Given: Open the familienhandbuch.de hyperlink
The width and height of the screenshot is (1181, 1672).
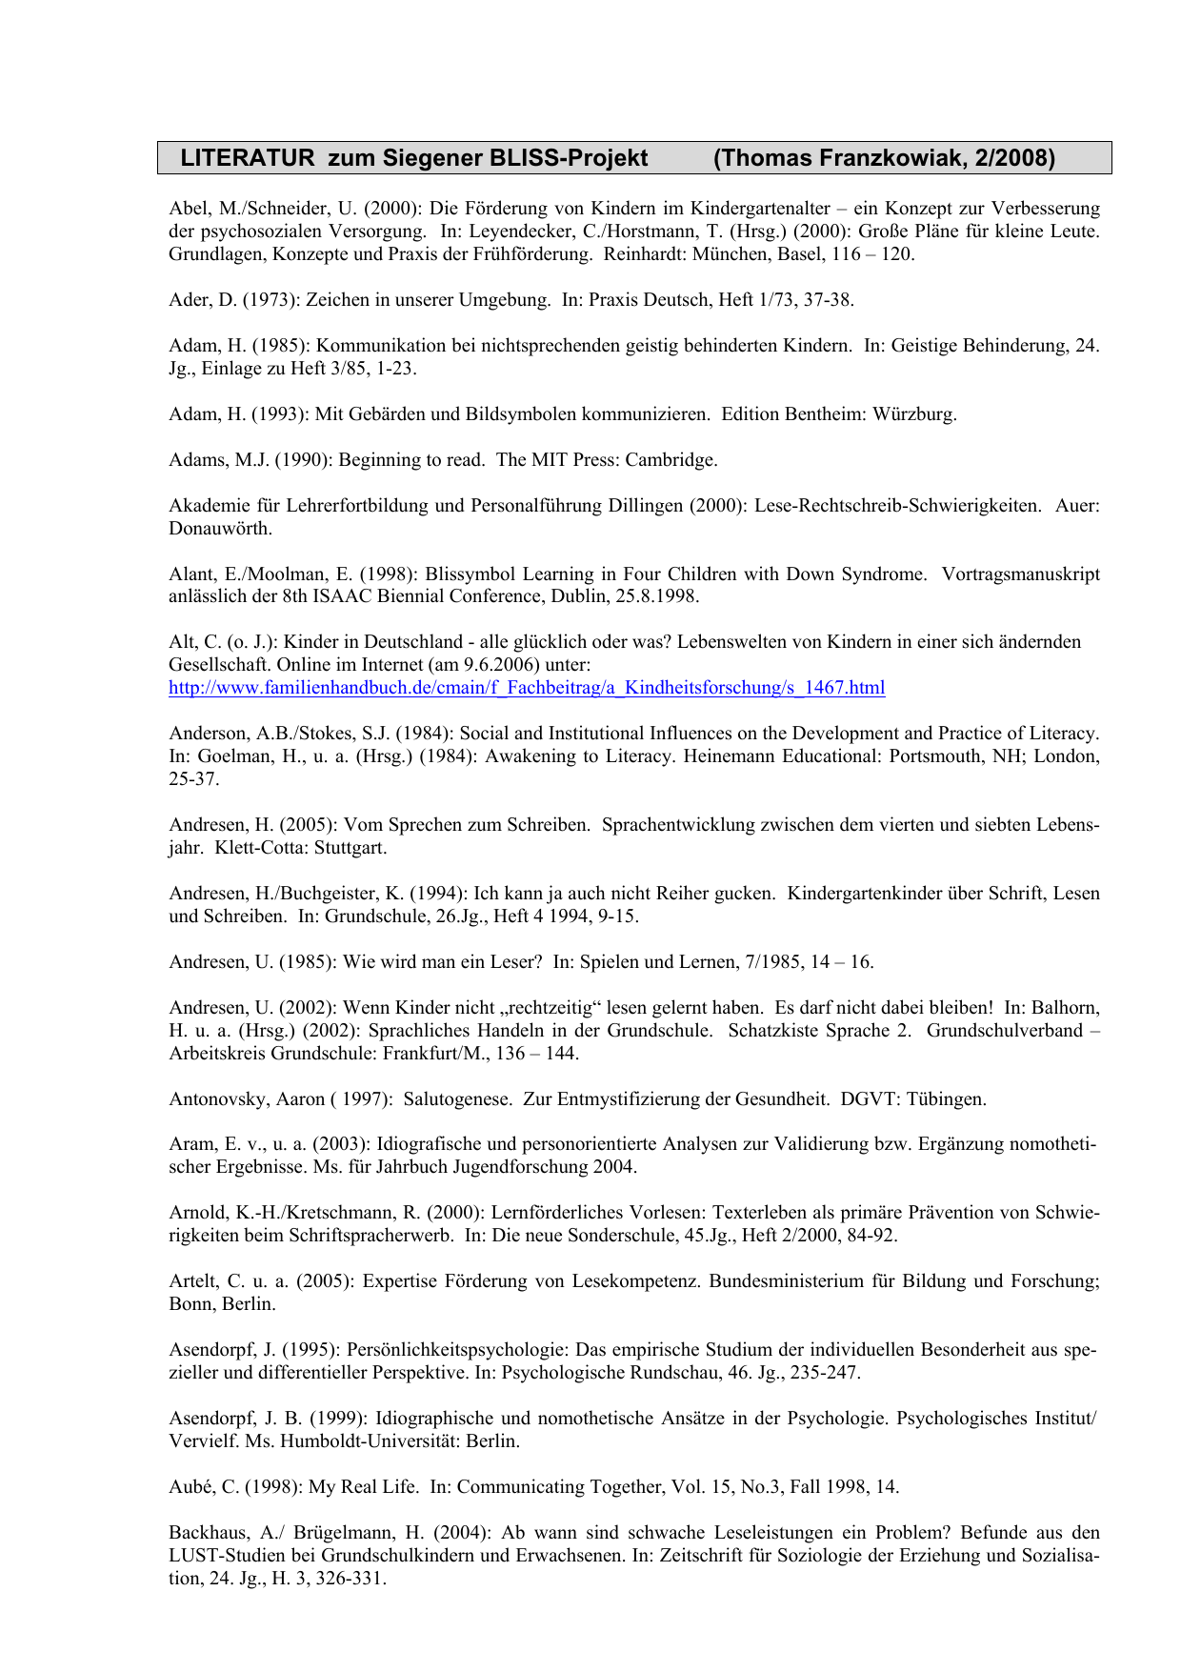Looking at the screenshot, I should (x=527, y=688).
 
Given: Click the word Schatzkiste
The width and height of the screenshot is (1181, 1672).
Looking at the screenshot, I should (x=774, y=1031).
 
